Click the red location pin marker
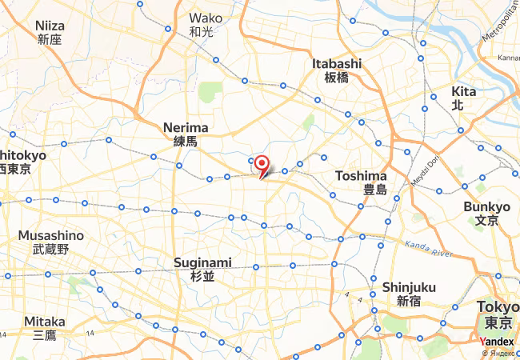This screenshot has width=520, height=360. (261, 162)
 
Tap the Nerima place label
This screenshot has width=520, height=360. (185, 128)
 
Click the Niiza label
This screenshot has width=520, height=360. (50, 26)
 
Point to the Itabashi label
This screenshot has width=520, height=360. (337, 63)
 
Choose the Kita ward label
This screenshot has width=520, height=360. (463, 91)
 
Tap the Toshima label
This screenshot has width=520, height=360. (361, 176)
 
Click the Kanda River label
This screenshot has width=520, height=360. (429, 249)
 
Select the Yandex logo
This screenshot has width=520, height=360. (498, 342)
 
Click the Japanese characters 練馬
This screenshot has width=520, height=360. (185, 141)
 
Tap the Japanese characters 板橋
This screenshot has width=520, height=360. (337, 77)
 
